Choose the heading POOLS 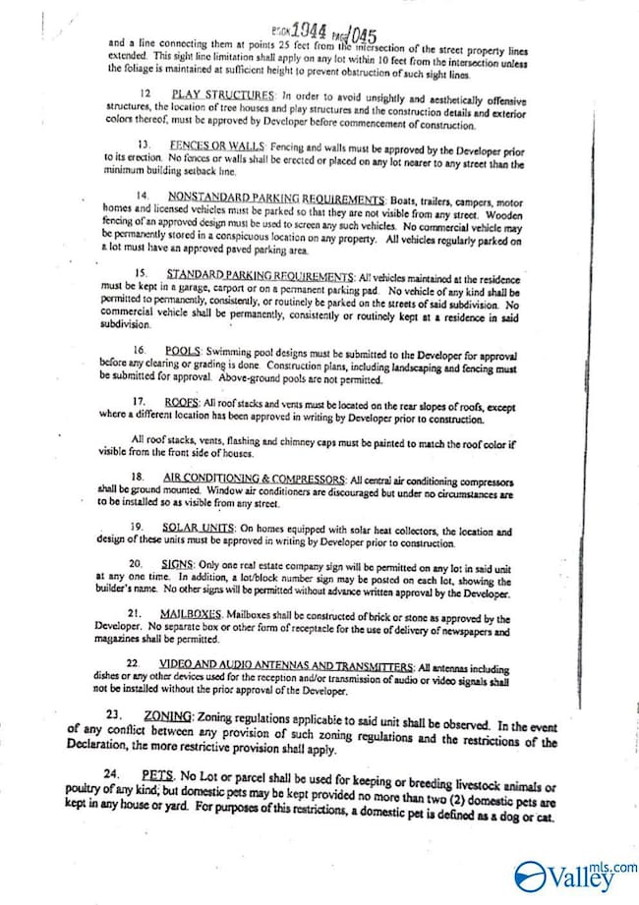[183, 351]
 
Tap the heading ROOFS [182, 402]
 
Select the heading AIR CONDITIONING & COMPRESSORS [255, 479]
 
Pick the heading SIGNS [177, 564]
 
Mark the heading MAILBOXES [190, 614]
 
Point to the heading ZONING [168, 715]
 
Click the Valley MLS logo [575, 875]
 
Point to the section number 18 [138, 479]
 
